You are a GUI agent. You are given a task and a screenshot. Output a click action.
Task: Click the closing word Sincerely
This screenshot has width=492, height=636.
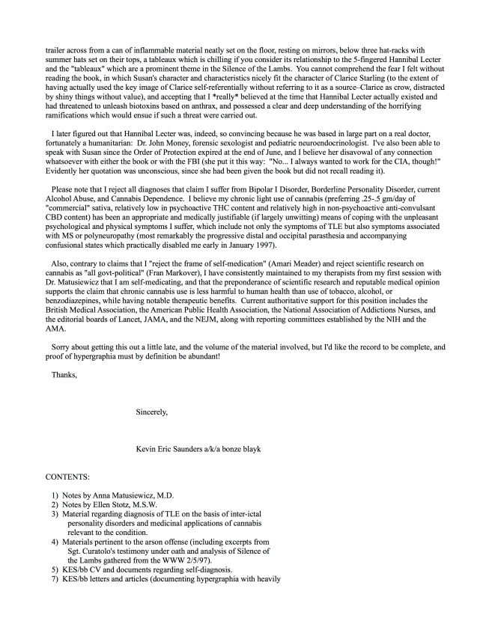point(152,412)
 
